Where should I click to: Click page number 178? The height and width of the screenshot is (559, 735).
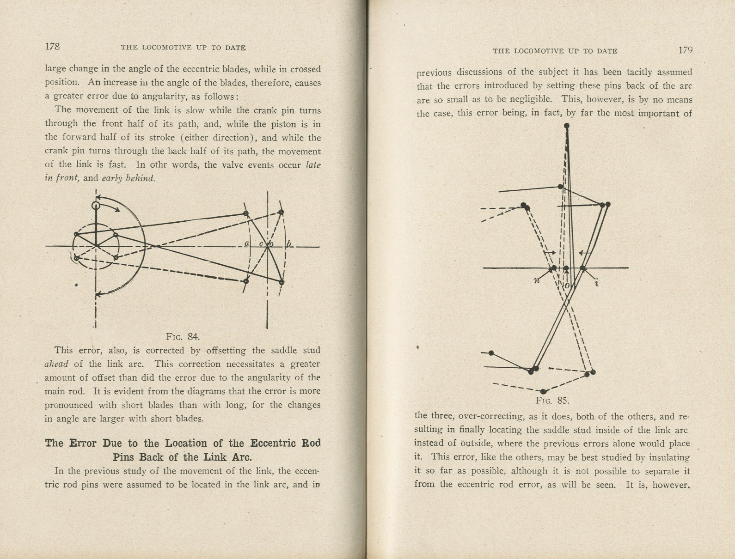coord(52,47)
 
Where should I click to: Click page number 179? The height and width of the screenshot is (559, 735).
coord(685,50)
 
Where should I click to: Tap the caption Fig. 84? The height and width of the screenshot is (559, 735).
coord(183,336)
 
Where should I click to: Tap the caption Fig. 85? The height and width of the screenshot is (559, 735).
coord(552,401)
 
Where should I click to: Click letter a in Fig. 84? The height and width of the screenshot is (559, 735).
coord(247,243)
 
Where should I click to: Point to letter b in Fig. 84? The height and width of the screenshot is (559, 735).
coord(288,244)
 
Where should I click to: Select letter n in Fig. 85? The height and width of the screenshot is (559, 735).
coord(537,280)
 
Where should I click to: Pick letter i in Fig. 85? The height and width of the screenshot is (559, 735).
coord(597,282)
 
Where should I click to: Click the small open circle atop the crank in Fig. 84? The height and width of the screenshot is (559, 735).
coord(96,206)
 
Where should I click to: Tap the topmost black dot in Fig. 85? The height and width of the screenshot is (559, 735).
coord(567,126)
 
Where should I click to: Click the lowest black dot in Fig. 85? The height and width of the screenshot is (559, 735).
coord(543,391)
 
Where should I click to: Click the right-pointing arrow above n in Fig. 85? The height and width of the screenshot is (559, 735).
coord(550,253)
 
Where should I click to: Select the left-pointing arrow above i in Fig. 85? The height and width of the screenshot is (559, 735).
coord(585,253)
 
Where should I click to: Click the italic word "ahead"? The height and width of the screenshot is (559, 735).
coord(56,364)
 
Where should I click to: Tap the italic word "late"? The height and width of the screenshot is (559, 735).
coord(313,165)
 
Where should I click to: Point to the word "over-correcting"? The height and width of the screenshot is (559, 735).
coord(496,416)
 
